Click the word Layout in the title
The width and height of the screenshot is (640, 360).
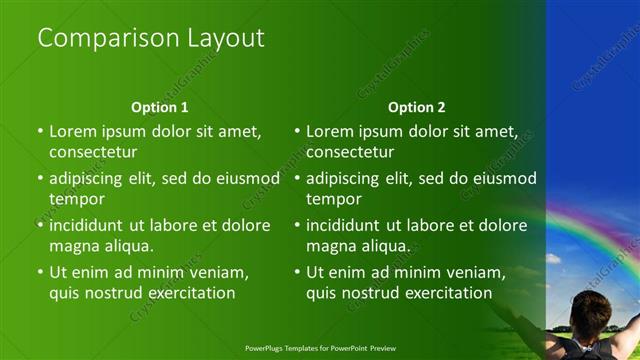coord(225,39)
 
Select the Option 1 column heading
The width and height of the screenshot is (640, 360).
coord(160,107)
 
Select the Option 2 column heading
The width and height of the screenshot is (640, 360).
coord(417,107)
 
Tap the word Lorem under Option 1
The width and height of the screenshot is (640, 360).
coord(73,131)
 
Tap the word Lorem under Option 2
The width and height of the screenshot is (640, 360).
coord(330,131)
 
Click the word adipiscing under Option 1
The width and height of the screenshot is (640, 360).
coord(94,179)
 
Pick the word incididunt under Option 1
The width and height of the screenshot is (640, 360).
coord(91,225)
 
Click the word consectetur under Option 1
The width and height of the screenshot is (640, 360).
coord(93,152)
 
